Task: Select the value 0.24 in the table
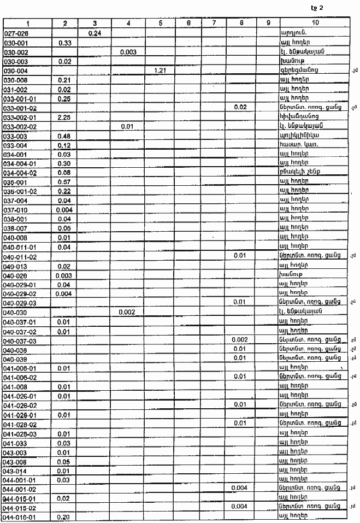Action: pyautogui.click(x=95, y=33)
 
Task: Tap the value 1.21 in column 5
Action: pyautogui.click(x=161, y=70)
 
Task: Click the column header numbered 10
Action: pyautogui.click(x=315, y=23)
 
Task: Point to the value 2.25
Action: pyautogui.click(x=64, y=117)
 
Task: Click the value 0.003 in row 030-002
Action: pyautogui.click(x=128, y=51)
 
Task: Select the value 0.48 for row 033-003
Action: pyautogui.click(x=64, y=136)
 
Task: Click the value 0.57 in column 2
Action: pyautogui.click(x=64, y=181)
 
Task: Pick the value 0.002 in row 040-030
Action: pyautogui.click(x=128, y=312)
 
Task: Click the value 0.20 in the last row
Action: pyautogui.click(x=64, y=516)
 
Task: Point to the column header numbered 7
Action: pyautogui.click(x=214, y=23)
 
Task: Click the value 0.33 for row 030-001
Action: pyautogui.click(x=64, y=42)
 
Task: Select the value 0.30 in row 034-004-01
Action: pyautogui.click(x=64, y=163)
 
